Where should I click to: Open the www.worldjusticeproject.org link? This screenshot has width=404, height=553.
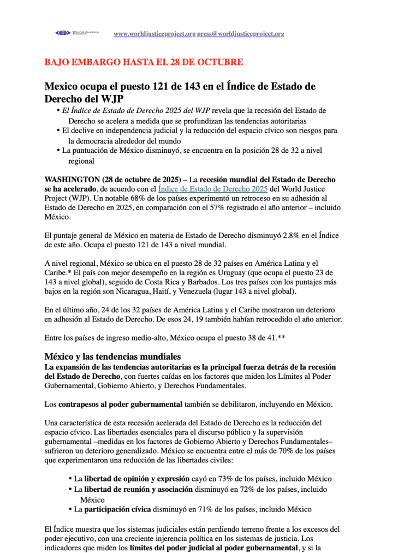tap(155, 34)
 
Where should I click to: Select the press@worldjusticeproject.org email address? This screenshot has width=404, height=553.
tap(241, 34)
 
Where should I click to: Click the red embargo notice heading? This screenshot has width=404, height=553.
tap(144, 62)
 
